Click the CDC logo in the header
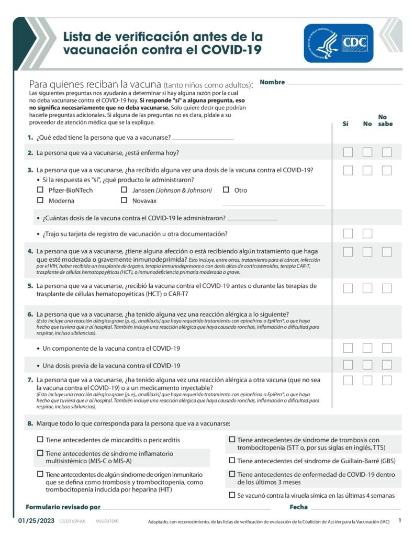(338, 43)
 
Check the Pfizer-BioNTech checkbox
(40, 190)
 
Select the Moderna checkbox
(40, 200)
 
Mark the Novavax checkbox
(124, 200)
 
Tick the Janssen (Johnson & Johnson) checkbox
(124, 190)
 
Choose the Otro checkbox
(226, 190)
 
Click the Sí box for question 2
(348, 152)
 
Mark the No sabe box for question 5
(387, 288)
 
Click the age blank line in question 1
(203, 138)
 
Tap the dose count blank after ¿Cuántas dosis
(252, 219)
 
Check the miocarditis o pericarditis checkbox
(40, 440)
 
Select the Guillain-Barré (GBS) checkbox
(232, 461)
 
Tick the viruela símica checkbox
(232, 495)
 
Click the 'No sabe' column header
(385, 120)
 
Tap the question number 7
(30, 380)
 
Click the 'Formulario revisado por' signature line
(185, 508)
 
